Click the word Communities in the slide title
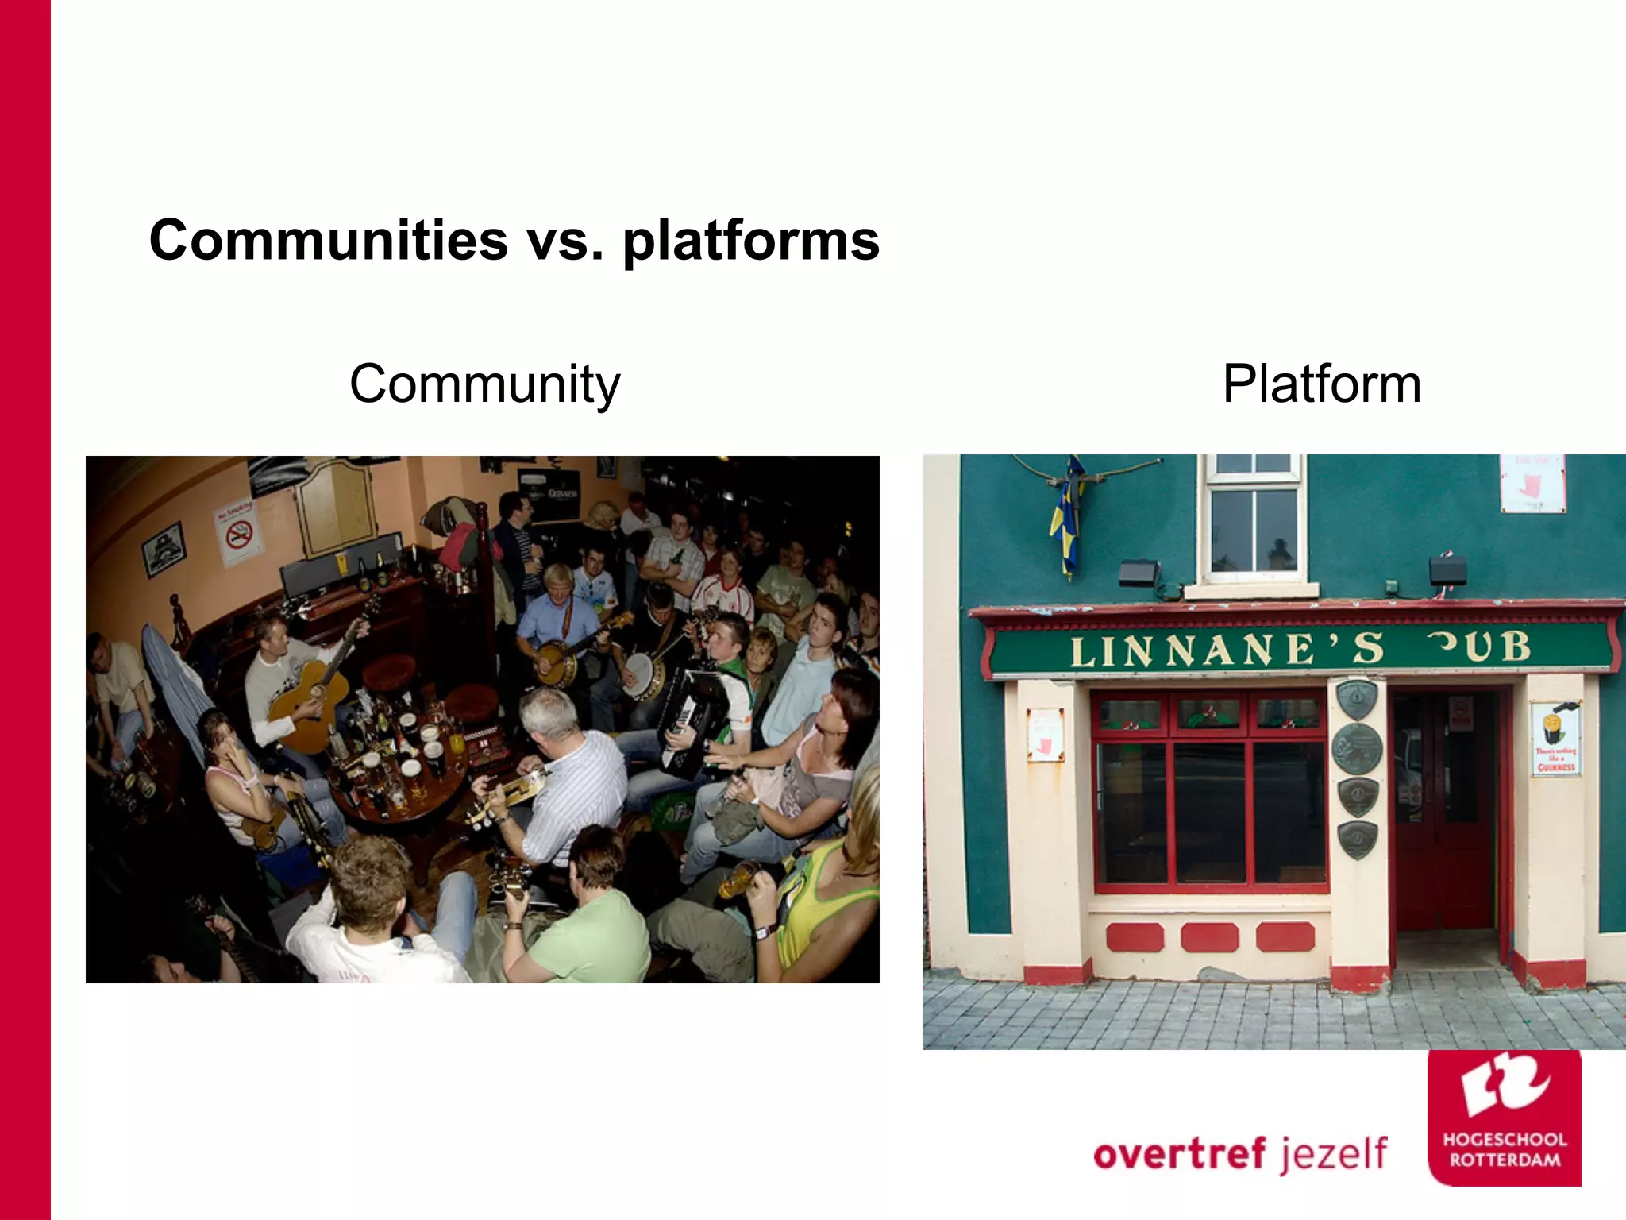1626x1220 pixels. click(x=328, y=240)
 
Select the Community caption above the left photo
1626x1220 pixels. click(x=484, y=384)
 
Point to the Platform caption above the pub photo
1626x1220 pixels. click(x=1321, y=384)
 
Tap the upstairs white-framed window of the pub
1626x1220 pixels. click(x=1254, y=520)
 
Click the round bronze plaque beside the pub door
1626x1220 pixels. click(x=1356, y=747)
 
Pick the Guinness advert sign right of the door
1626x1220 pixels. click(x=1555, y=739)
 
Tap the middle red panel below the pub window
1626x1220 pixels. click(x=1209, y=937)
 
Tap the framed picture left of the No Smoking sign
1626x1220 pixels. click(x=164, y=549)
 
